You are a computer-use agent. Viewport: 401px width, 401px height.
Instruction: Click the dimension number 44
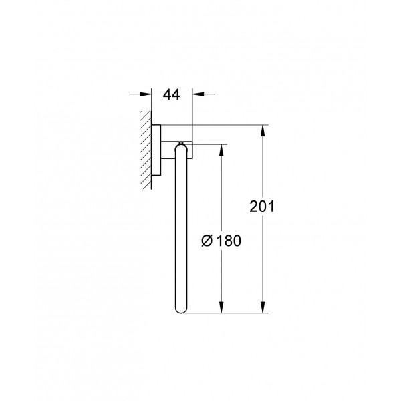[172, 95]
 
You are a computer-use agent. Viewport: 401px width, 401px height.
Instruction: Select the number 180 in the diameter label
[229, 241]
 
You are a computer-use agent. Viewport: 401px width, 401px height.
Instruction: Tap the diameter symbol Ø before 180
[207, 241]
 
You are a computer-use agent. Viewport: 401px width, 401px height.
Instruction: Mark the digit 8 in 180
[229, 241]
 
